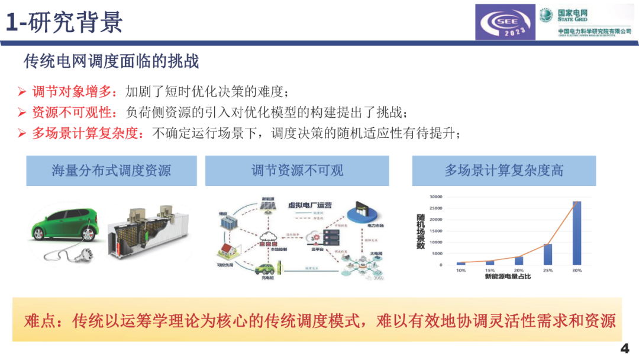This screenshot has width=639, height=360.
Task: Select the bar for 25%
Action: click(547, 254)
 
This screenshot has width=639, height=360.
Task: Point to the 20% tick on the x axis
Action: click(518, 271)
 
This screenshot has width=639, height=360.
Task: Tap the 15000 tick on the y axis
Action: click(436, 231)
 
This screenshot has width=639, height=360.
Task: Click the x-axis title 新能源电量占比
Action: click(508, 277)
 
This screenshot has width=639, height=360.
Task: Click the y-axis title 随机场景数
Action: click(420, 232)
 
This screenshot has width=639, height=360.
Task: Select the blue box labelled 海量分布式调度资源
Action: click(111, 171)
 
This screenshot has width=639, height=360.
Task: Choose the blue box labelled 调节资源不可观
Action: click(297, 171)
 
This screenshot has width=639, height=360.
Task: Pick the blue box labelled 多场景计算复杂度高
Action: click(504, 171)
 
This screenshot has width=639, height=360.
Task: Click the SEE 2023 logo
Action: click(505, 23)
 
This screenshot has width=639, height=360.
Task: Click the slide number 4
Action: click(624, 348)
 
